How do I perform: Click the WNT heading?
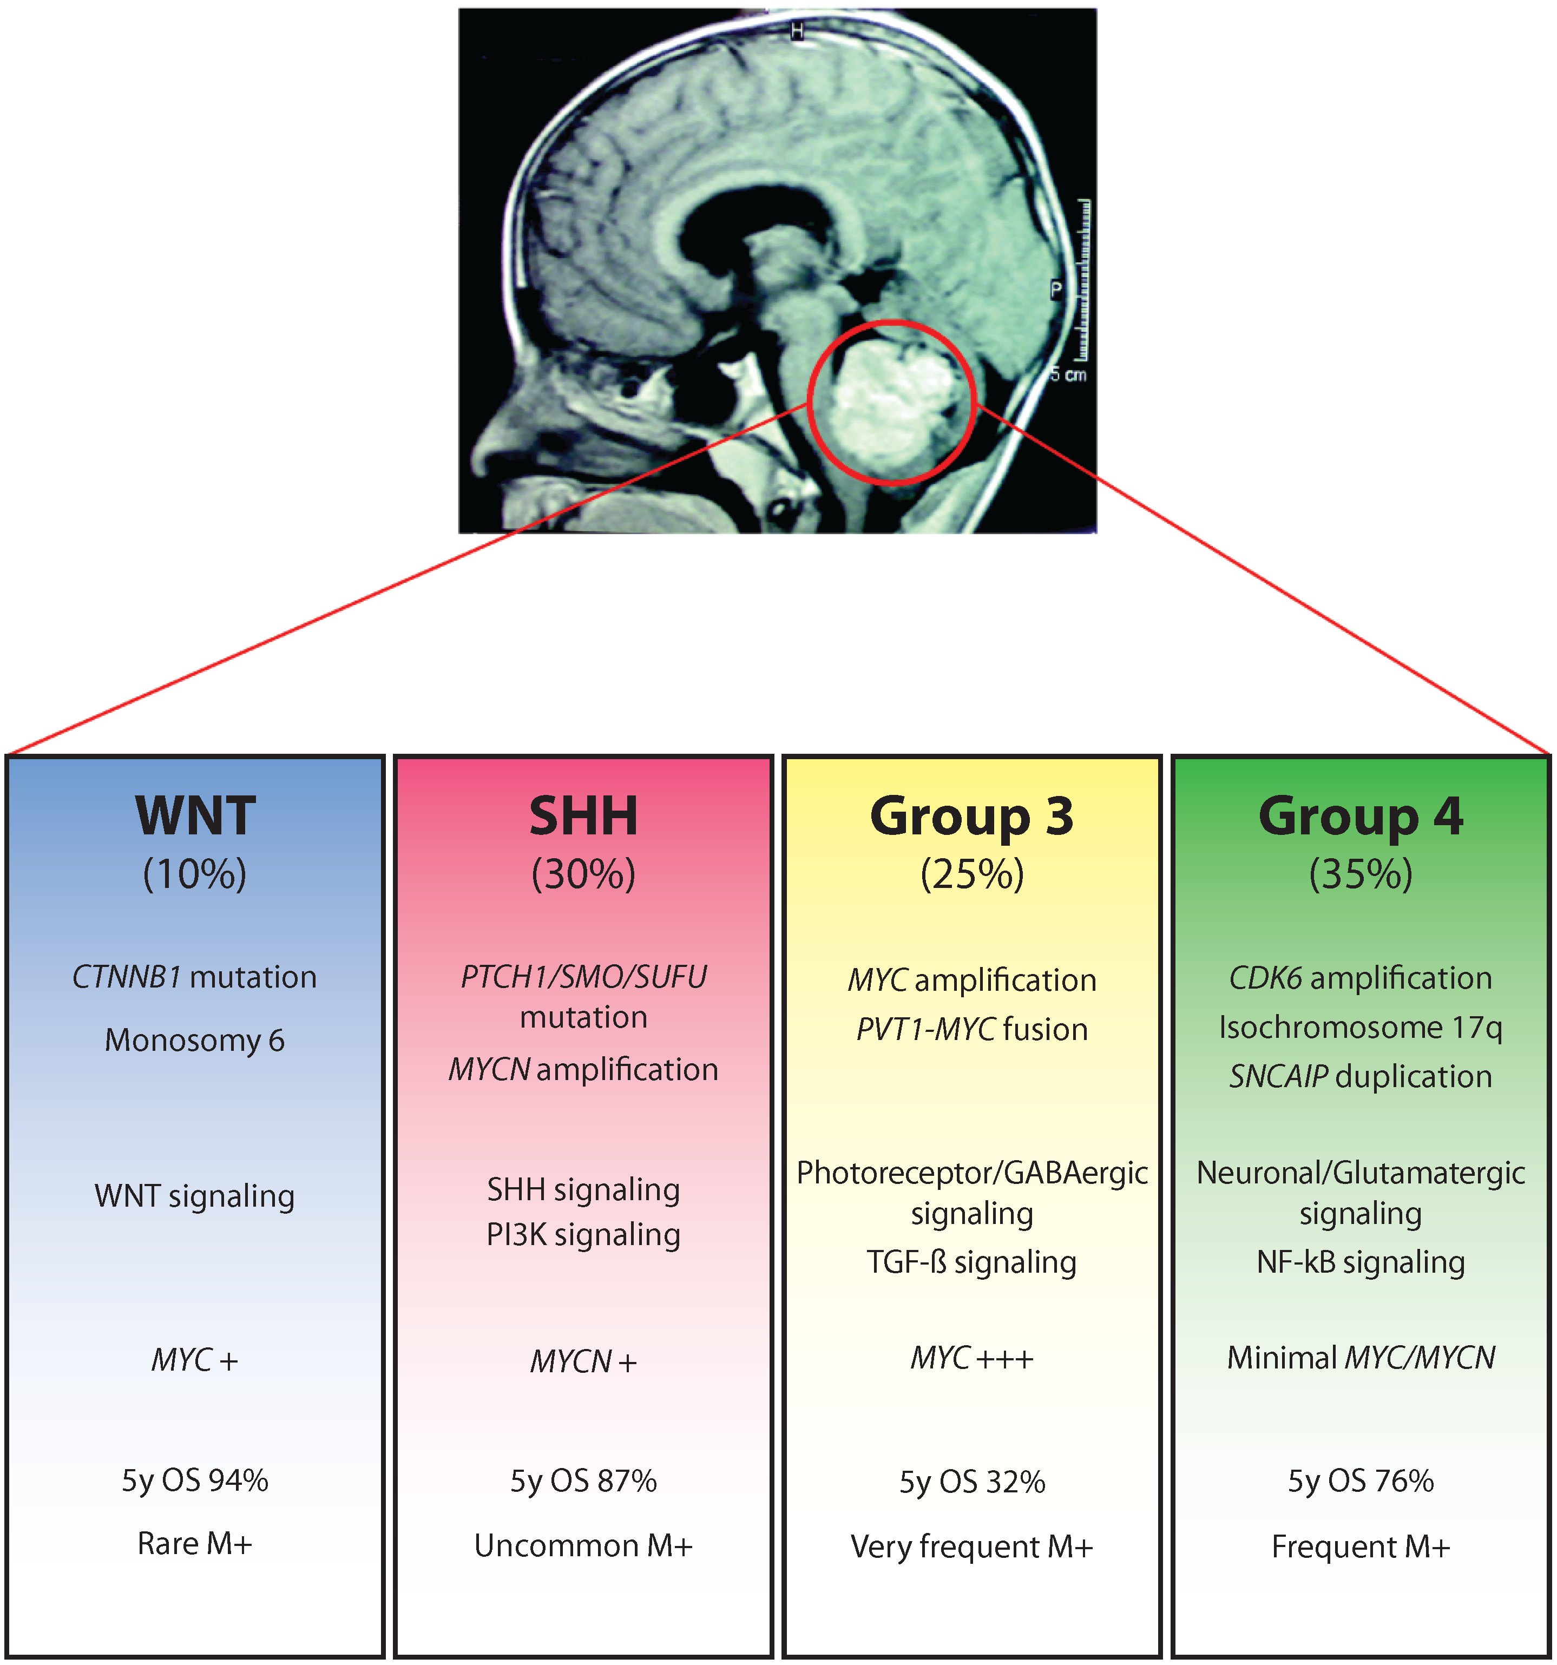[x=195, y=816]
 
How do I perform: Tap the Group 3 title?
[x=971, y=816]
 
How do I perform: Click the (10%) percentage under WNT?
[x=195, y=873]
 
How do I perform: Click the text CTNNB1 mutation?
[x=195, y=977]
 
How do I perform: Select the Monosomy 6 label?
[x=195, y=1039]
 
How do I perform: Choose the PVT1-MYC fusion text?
[x=971, y=1029]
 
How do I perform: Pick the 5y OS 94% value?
[x=195, y=1480]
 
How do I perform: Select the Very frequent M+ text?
[x=971, y=1547]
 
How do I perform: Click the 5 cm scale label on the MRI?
[x=1069, y=374]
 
